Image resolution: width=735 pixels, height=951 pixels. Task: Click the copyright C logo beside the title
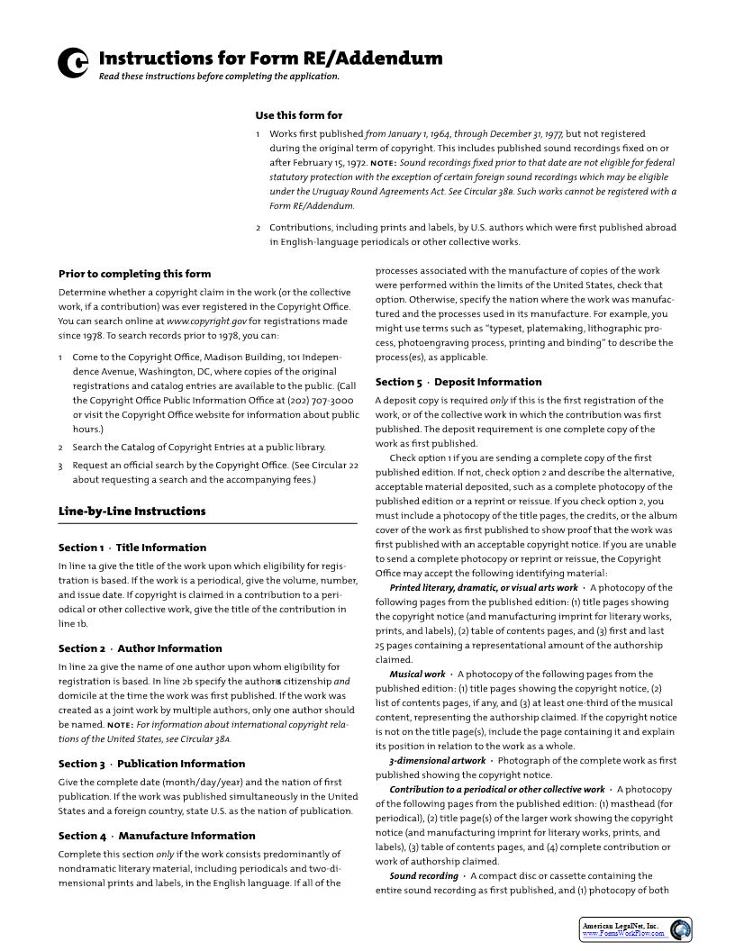[73, 63]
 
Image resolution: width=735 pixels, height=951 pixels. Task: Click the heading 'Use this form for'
[298, 115]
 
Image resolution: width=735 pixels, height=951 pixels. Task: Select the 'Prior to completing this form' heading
[134, 274]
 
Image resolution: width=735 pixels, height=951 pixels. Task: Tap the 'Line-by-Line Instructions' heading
[132, 512]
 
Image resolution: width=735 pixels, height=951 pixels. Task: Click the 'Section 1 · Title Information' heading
[132, 548]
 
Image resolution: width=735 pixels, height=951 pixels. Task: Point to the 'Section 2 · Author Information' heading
[140, 648]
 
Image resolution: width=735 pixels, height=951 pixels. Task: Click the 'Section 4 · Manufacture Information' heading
[157, 836]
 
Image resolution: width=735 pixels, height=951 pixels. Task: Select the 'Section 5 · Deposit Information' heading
[458, 382]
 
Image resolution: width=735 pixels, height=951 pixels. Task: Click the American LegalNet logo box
[635, 929]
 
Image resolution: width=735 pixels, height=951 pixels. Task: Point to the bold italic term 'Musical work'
[417, 675]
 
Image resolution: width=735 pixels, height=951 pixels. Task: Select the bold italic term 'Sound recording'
[423, 876]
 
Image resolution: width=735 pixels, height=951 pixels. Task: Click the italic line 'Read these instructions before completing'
[219, 77]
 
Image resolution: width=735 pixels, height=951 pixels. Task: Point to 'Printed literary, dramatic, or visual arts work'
[483, 588]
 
